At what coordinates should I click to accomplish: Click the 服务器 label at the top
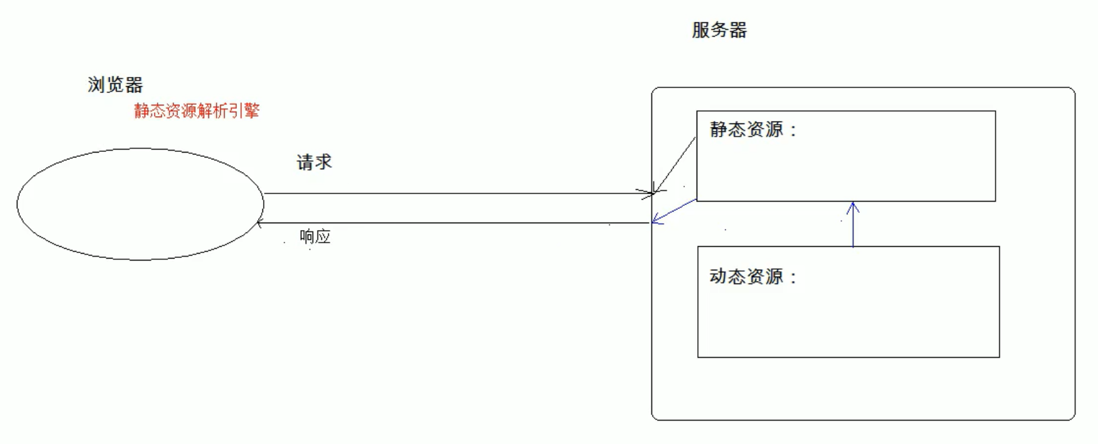click(719, 30)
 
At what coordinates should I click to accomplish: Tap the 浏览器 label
click(115, 84)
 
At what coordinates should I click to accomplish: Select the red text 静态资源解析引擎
click(197, 110)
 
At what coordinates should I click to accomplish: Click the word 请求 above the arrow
click(314, 162)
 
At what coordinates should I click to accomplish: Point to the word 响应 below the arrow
click(315, 236)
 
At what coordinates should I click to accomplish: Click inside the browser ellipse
click(140, 204)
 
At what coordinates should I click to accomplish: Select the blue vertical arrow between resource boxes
click(853, 226)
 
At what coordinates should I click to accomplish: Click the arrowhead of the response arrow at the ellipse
click(259, 223)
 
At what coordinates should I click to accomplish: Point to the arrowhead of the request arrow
click(648, 193)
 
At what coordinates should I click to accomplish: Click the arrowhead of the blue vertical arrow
click(853, 206)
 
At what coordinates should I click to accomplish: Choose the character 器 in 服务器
click(738, 30)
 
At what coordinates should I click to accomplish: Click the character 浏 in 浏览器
click(96, 84)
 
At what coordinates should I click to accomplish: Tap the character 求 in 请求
click(323, 162)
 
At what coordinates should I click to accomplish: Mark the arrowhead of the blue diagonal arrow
click(656, 220)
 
